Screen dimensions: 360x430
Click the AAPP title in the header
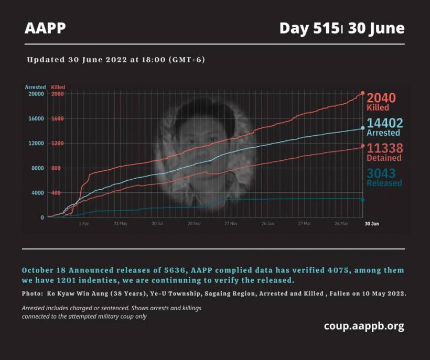[45, 28]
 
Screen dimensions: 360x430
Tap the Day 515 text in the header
[309, 28]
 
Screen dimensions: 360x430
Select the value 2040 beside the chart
[381, 97]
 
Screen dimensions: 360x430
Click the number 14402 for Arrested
[385, 123]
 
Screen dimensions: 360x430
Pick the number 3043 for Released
[381, 173]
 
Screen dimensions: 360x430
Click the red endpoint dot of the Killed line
[362, 93]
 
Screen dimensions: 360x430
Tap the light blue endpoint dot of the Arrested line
[362, 128]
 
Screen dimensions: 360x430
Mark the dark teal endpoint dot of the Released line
[362, 200]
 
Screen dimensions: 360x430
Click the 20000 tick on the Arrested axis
[36, 94]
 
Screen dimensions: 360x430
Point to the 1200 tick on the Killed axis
[57, 143]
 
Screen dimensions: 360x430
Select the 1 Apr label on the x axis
[83, 224]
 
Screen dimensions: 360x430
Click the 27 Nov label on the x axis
[231, 224]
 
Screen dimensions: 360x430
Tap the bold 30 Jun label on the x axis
[372, 224]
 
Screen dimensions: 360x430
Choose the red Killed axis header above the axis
[58, 87]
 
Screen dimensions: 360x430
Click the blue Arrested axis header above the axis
[35, 87]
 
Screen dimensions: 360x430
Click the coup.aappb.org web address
[364, 326]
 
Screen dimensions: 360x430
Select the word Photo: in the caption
[33, 293]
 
